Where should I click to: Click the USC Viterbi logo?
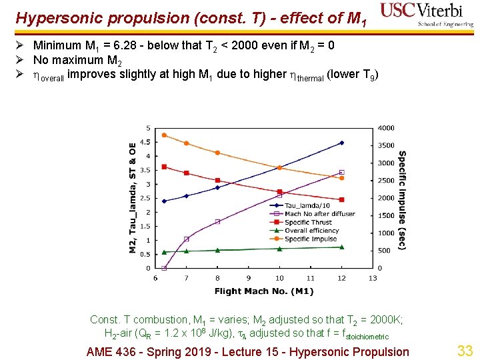click(x=426, y=15)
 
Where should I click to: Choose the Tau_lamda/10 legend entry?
click(x=303, y=205)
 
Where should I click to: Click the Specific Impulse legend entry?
click(x=309, y=239)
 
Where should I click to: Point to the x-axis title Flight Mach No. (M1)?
click(x=264, y=291)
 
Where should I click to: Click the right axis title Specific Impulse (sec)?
click(x=402, y=200)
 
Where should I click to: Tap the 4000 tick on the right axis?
click(x=387, y=128)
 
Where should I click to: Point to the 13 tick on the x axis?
click(x=372, y=278)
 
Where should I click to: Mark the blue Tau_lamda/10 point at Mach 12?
click(x=341, y=143)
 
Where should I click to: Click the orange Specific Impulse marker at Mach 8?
click(x=217, y=153)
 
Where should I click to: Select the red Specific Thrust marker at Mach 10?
click(x=279, y=192)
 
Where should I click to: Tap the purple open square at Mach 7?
click(x=186, y=239)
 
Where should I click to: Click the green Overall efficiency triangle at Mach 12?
click(x=341, y=247)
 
